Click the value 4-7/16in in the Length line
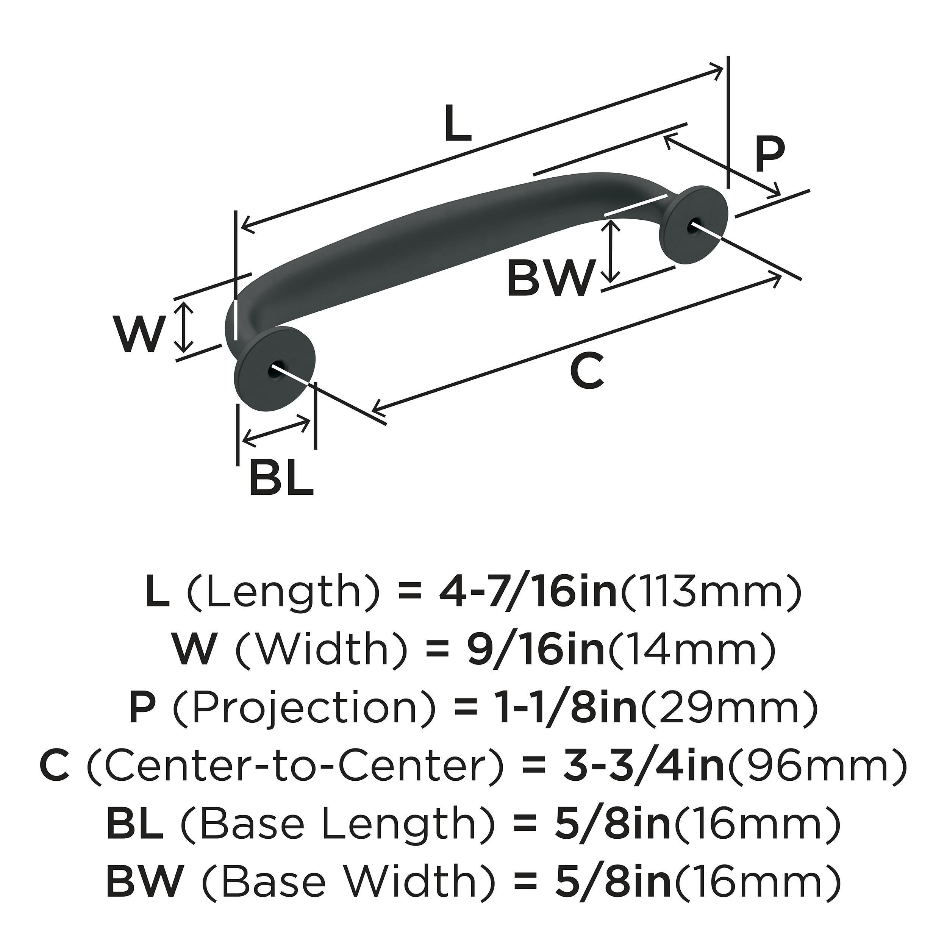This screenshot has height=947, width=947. (x=527, y=593)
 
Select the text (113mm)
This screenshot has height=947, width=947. (x=710, y=593)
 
